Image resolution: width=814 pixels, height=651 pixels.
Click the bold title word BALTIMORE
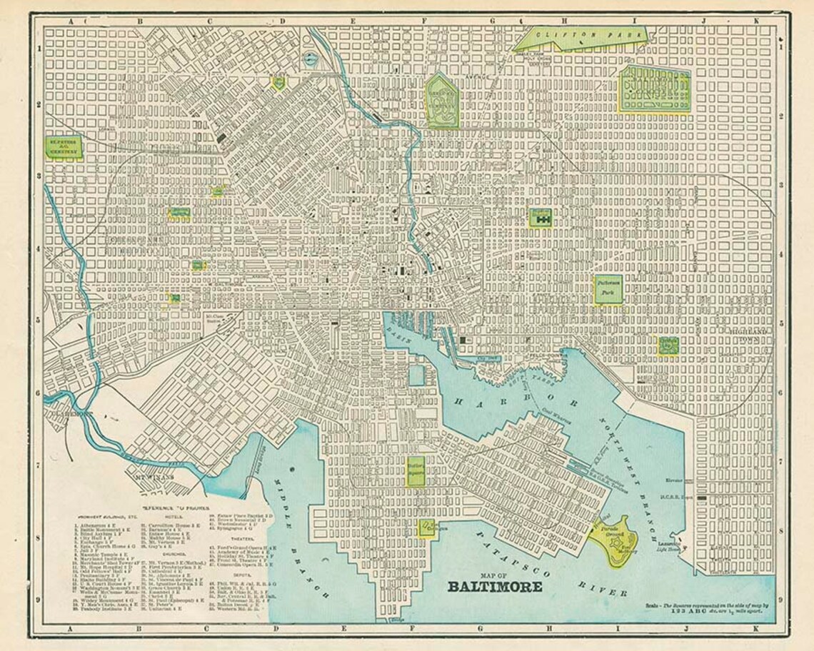pyautogui.click(x=494, y=587)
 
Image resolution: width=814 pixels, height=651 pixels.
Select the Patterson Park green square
pyautogui.click(x=608, y=288)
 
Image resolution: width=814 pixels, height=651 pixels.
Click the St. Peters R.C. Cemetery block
pyautogui.click(x=64, y=147)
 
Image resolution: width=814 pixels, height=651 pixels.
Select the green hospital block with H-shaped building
pyautogui.click(x=541, y=217)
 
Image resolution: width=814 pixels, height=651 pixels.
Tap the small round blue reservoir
pyautogui.click(x=310, y=59)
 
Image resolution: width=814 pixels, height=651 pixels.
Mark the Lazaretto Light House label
pyautogui.click(x=670, y=544)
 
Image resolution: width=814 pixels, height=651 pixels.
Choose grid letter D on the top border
pyautogui.click(x=283, y=21)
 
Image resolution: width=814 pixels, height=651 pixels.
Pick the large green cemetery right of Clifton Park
pyautogui.click(x=653, y=89)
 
